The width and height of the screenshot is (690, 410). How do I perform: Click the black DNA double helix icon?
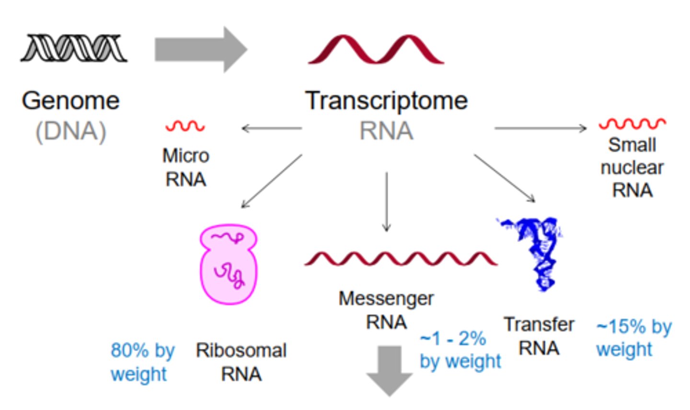[x=74, y=48]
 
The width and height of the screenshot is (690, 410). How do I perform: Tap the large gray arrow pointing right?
[x=200, y=49]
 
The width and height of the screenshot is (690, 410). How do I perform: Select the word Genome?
[x=71, y=101]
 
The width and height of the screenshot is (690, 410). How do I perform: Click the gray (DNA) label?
[x=71, y=131]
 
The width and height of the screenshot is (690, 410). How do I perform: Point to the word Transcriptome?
[x=386, y=101]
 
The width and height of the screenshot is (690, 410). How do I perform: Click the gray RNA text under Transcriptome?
[x=386, y=131]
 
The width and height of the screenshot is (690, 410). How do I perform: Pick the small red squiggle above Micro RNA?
[x=185, y=126]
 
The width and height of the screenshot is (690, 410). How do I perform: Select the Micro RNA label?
[x=185, y=167]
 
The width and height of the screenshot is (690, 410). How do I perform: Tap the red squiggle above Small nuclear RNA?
[x=632, y=124]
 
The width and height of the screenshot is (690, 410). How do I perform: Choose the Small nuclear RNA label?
[x=632, y=168]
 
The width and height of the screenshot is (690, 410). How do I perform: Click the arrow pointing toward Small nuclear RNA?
[x=540, y=128]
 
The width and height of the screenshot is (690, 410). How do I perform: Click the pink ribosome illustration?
[x=229, y=264]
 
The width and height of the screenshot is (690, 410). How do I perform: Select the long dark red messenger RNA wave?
[x=401, y=258]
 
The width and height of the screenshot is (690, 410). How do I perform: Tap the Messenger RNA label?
[x=386, y=310]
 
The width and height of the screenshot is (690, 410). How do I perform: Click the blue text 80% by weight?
[x=142, y=362]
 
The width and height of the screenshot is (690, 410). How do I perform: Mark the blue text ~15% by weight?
[x=633, y=338]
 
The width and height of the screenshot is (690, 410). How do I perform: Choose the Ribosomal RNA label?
[x=241, y=362]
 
